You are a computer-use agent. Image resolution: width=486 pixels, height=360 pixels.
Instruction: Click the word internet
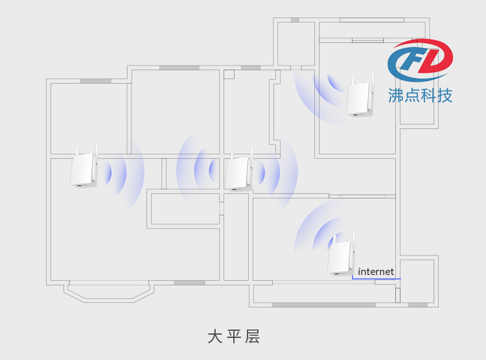[376, 272]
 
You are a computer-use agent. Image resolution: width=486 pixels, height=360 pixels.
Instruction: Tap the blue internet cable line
[376, 279]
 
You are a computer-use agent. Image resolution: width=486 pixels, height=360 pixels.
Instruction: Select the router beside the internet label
[341, 254]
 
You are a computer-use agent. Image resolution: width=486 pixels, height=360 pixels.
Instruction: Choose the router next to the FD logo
[360, 95]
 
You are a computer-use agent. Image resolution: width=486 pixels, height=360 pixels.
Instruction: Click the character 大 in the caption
[214, 337]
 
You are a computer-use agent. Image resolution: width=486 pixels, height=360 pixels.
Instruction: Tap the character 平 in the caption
[234, 337]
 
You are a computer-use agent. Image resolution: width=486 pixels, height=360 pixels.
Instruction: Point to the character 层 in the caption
[252, 337]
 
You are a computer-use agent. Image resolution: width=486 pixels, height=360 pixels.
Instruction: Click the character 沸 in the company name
[396, 95]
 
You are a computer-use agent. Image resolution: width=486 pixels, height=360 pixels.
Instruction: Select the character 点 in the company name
[412, 95]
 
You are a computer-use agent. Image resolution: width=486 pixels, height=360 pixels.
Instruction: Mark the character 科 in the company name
[429, 95]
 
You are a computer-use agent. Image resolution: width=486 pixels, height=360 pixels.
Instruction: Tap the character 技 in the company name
[445, 95]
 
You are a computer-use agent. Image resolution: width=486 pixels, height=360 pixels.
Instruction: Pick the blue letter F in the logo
[410, 60]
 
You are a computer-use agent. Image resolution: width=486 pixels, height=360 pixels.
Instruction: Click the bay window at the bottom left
[108, 292]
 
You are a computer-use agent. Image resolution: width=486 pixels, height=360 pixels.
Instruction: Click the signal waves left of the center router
[198, 170]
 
